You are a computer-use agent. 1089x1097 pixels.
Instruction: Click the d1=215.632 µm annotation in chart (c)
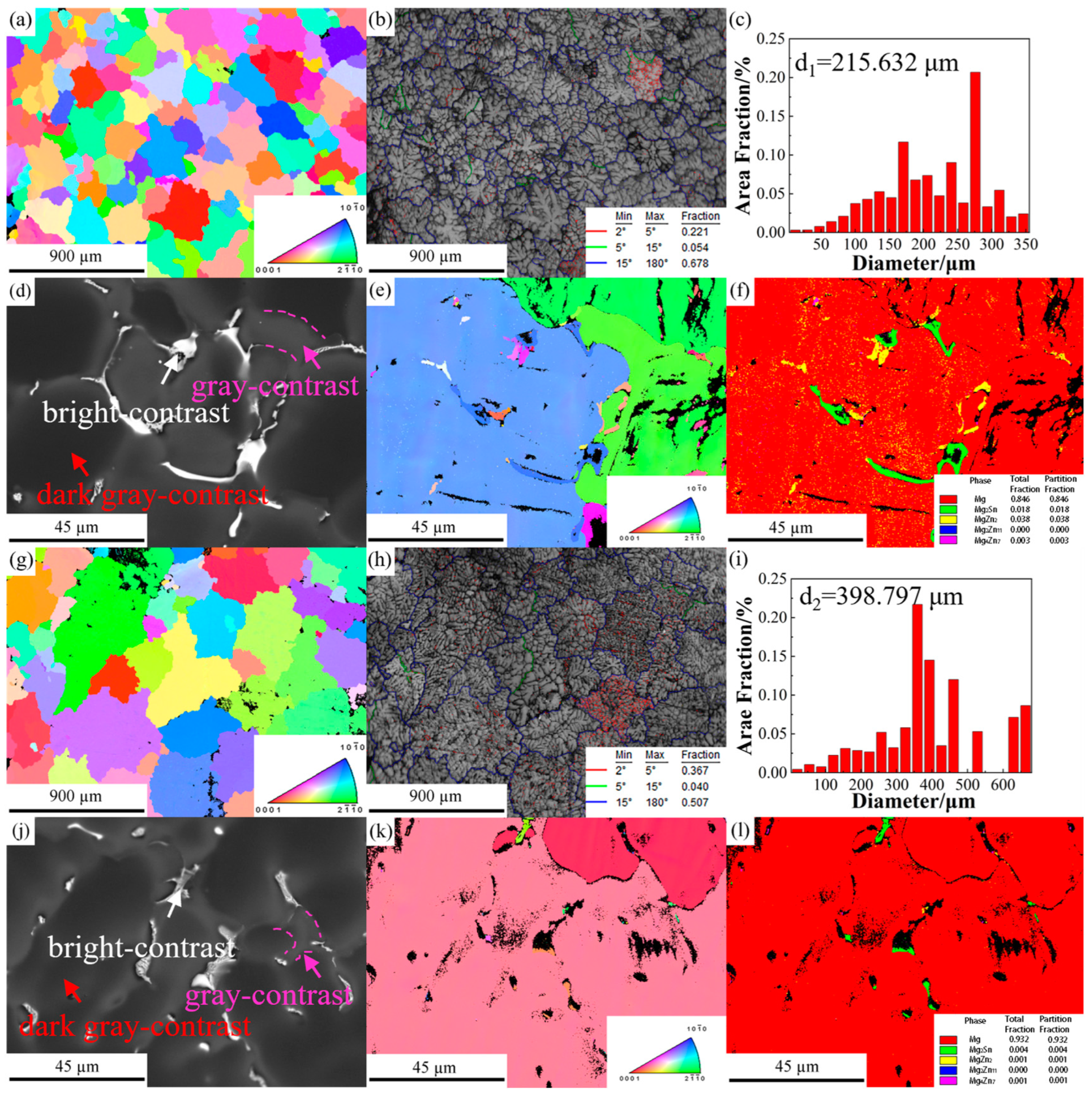[x=876, y=62]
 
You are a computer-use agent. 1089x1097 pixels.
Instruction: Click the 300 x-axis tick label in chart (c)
[x=992, y=245]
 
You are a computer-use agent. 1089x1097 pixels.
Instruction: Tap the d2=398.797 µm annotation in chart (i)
[x=881, y=597]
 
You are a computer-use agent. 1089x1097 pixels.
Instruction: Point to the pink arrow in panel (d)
[x=312, y=355]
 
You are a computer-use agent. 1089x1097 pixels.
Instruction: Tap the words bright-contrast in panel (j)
[x=142, y=947]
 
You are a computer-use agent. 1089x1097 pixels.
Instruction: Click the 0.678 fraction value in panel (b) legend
[x=694, y=263]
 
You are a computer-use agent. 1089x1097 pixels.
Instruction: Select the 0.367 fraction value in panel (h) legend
[x=694, y=770]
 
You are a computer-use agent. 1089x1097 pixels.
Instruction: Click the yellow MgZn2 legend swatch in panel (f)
[x=947, y=519]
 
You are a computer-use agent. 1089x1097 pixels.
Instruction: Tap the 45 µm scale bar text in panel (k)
[x=434, y=1068]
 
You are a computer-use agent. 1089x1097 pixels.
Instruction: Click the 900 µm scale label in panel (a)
[x=75, y=256]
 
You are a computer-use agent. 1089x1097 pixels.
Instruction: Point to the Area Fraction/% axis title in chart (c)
[x=743, y=135]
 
